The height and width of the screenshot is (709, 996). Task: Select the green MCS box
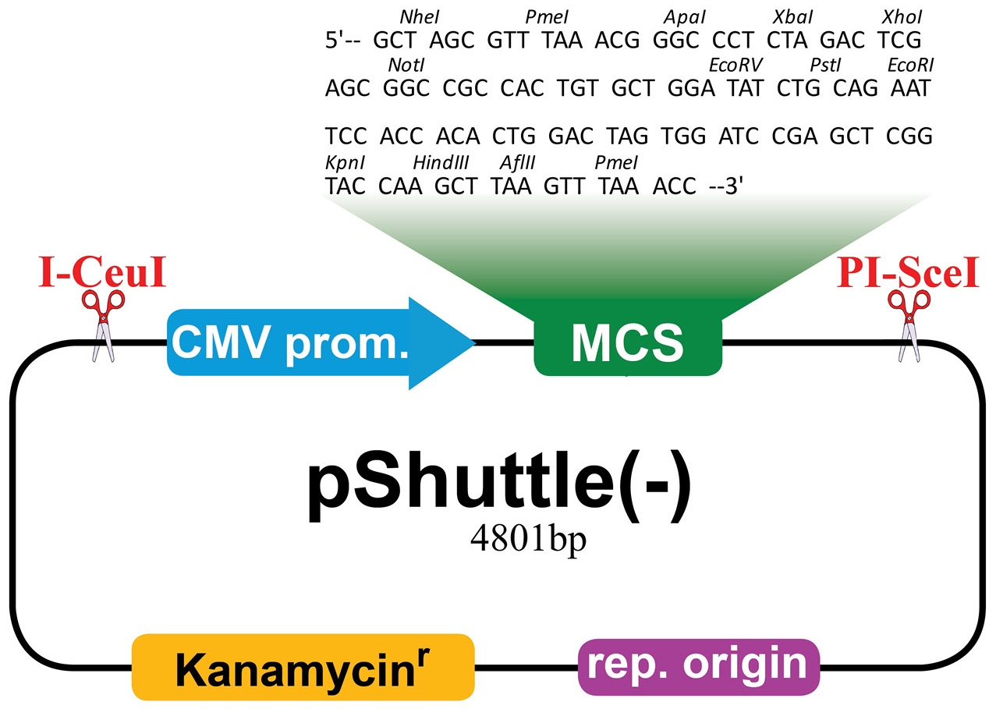pos(628,343)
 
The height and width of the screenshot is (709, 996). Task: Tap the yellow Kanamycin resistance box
pos(303,667)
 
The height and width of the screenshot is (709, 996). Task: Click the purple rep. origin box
pos(699,667)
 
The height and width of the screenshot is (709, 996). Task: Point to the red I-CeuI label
pos(102,272)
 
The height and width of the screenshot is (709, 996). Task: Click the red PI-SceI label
pos(908,272)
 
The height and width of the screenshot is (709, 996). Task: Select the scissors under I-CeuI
pos(103,326)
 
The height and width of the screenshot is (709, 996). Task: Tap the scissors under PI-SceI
pos(909,326)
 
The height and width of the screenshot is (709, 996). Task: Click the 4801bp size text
pos(529,540)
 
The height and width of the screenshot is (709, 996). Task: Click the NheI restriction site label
pos(420,17)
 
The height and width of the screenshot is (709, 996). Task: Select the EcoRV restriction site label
pos(735,66)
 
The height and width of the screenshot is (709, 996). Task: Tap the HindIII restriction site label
pos(441,163)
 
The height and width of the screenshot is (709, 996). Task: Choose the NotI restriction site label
pos(406,66)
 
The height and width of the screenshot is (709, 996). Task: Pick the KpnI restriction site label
pos(345,163)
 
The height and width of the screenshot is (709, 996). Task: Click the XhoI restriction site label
pos(902,17)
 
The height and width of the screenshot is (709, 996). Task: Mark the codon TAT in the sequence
pos(745,88)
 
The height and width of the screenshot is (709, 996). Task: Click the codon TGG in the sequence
pos(683,136)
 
